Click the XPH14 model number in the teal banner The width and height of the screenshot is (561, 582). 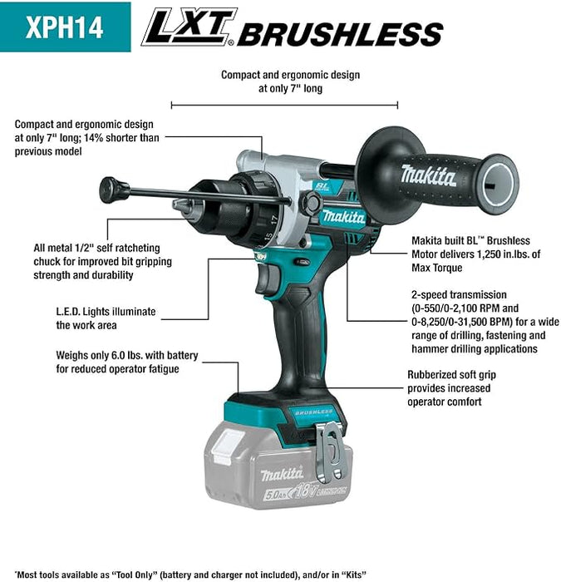(x=65, y=27)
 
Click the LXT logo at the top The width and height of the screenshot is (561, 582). (x=189, y=27)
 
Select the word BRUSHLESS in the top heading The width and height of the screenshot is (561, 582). (x=340, y=34)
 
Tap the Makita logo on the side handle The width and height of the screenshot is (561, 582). (x=429, y=175)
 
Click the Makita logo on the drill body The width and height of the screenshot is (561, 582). (x=343, y=216)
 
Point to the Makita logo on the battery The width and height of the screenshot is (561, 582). (x=282, y=474)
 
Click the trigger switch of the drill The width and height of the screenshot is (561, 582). (x=266, y=279)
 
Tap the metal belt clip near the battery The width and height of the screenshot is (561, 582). (x=330, y=454)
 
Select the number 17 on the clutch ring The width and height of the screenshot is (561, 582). (x=273, y=219)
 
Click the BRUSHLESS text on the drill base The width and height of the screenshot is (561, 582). (x=313, y=412)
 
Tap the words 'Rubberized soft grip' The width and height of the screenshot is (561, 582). (x=451, y=374)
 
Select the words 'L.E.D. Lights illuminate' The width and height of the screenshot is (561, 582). (x=106, y=312)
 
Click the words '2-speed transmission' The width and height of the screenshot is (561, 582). (x=459, y=294)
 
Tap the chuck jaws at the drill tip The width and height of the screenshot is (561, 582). (x=184, y=205)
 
